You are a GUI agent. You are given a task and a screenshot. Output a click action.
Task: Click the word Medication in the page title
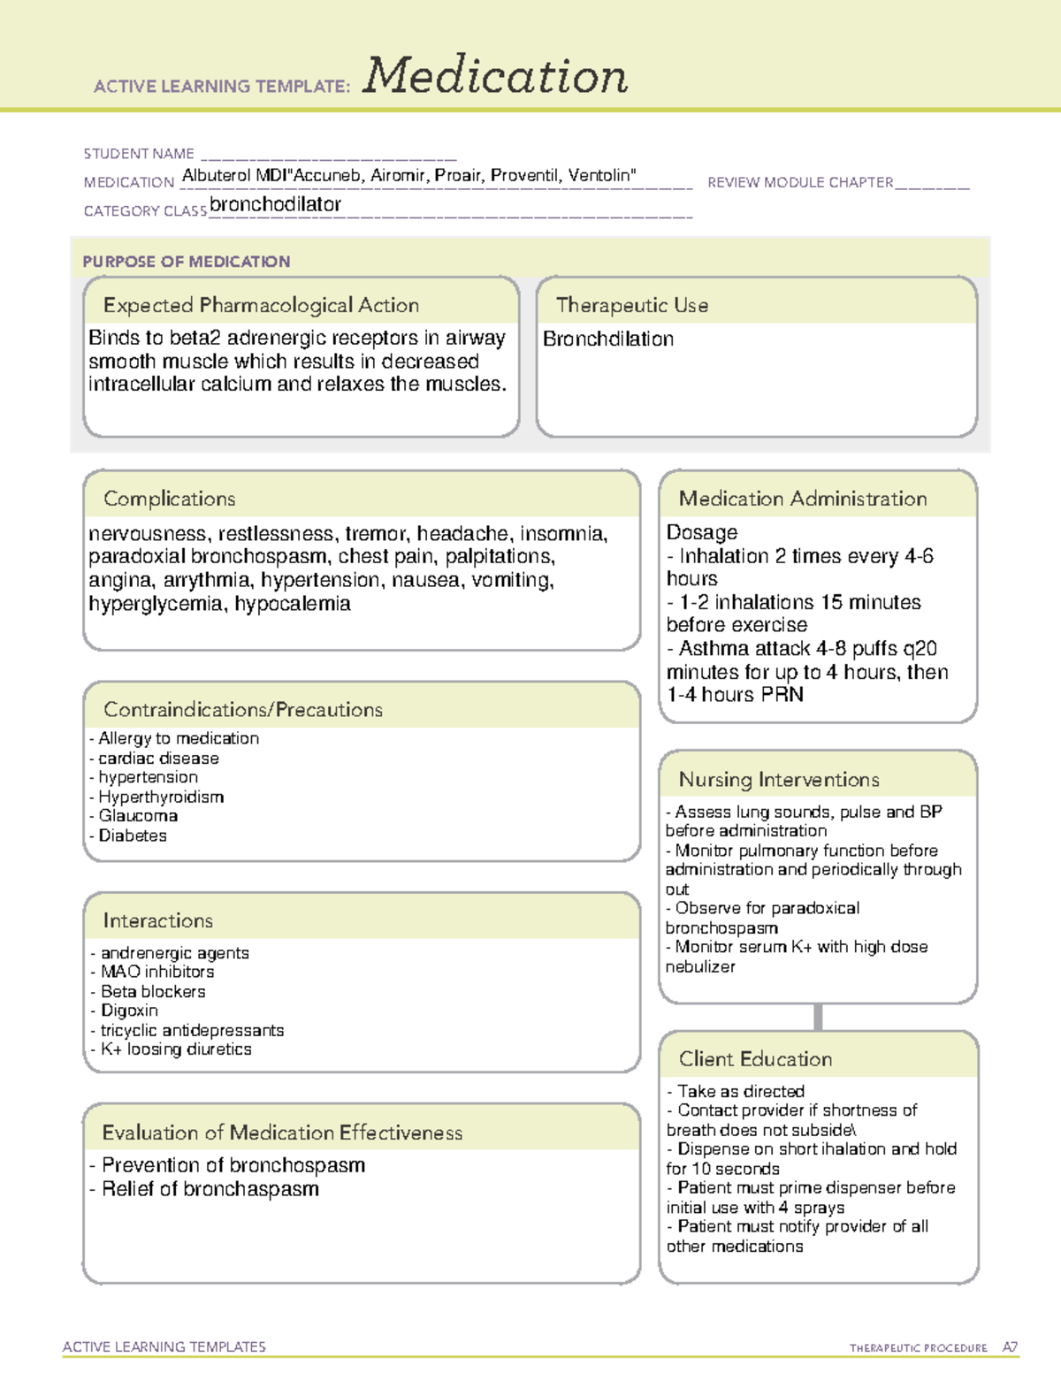[495, 76]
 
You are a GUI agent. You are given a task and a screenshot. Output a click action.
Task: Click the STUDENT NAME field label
[139, 154]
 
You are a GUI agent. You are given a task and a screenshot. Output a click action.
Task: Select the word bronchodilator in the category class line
[275, 204]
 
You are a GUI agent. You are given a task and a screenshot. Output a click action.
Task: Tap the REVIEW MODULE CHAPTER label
[800, 182]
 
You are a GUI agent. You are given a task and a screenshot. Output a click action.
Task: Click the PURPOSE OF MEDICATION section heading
[186, 262]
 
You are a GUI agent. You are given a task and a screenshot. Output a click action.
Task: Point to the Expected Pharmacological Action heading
[261, 305]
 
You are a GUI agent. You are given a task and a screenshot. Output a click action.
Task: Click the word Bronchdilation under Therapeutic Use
[608, 339]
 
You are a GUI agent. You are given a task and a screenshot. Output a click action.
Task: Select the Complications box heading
[169, 499]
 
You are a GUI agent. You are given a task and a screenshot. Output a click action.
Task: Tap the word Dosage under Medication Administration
[702, 532]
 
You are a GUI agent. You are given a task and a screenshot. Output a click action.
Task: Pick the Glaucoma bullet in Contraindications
[137, 816]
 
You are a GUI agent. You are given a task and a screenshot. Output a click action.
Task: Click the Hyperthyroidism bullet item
[160, 797]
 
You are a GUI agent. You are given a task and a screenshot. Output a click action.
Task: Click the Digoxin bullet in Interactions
[129, 1011]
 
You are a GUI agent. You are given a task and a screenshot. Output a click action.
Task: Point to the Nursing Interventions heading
[779, 780]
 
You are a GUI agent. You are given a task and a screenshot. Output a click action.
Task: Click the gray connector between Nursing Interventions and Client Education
[818, 1017]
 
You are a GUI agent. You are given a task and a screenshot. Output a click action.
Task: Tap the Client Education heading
[755, 1059]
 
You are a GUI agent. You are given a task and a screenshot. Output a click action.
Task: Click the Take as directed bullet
[740, 1092]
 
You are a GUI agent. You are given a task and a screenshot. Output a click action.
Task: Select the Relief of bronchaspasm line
[210, 1189]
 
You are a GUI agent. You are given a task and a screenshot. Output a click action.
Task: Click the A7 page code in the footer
[1010, 1347]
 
